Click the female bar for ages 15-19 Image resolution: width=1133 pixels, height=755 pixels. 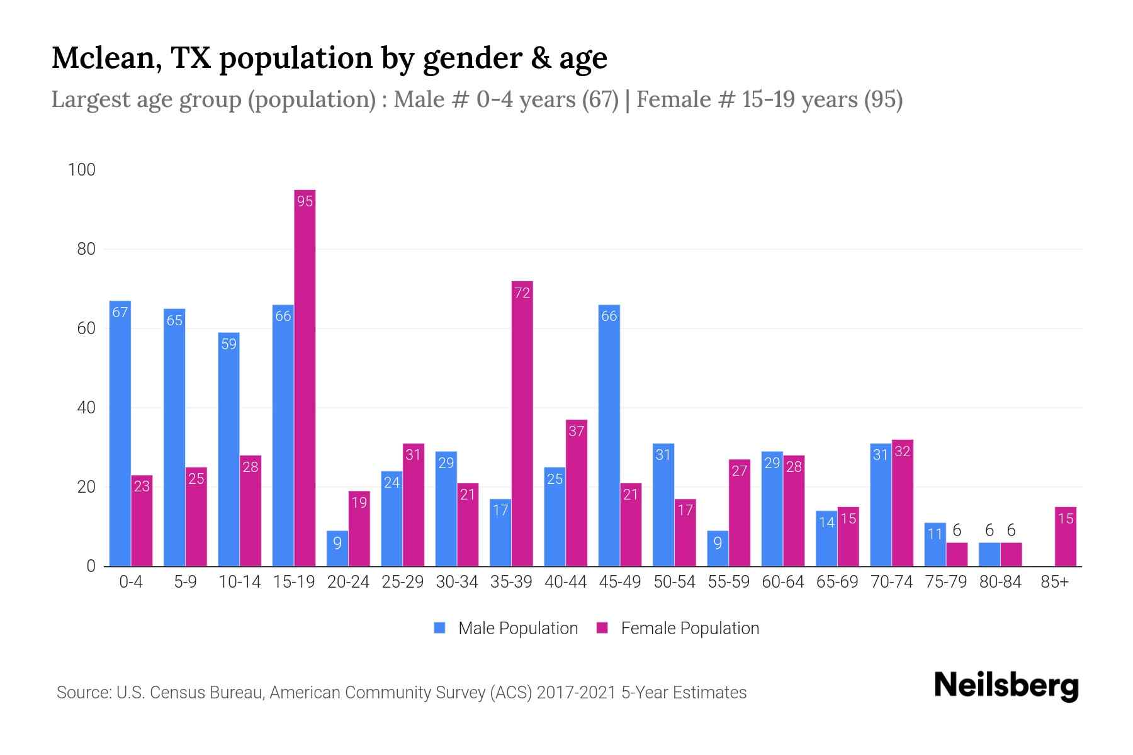coord(305,377)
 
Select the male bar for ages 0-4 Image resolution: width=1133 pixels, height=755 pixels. coord(120,434)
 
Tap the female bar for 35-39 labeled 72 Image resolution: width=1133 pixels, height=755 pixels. coord(522,423)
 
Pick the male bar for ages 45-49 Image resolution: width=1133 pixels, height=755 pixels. coord(609,435)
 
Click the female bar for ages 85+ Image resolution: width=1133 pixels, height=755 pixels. coord(1065,537)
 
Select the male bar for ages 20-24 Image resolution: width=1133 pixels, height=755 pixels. coord(337,549)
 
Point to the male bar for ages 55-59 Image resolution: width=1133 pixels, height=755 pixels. coord(718,549)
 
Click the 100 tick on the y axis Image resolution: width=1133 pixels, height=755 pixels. coord(82,170)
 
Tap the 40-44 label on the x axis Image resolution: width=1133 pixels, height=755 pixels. coord(565,582)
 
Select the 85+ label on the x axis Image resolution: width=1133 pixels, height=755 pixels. coord(1054,582)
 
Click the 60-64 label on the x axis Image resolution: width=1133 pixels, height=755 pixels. coord(782,582)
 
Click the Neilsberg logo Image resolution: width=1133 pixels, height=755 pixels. coord(1006,686)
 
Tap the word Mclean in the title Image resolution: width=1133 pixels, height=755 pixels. coord(101,58)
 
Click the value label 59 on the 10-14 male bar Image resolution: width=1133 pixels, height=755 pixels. coord(228,344)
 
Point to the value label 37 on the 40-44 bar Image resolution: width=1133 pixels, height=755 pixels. coord(576,432)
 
